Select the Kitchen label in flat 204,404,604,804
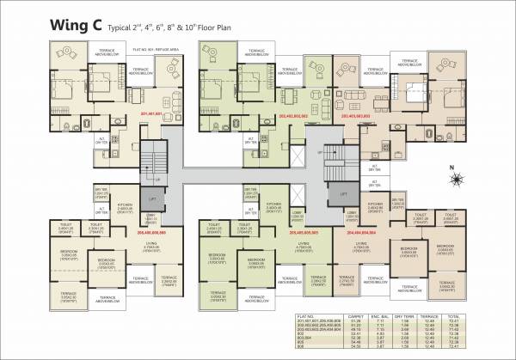pos(375,204)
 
